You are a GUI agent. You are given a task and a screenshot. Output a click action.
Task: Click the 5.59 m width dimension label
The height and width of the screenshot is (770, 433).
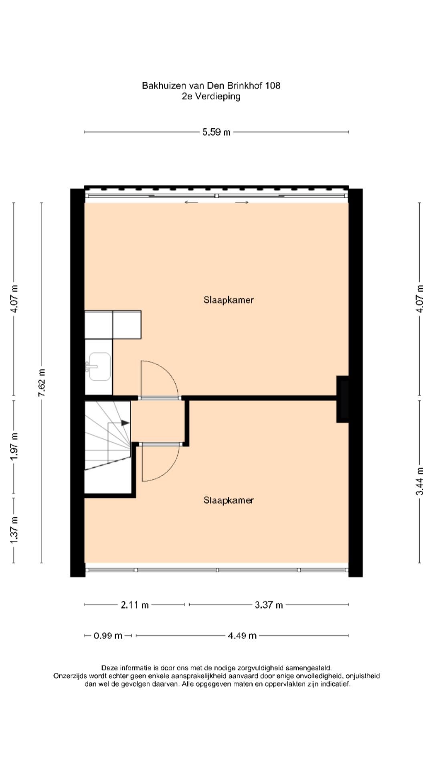click(x=216, y=132)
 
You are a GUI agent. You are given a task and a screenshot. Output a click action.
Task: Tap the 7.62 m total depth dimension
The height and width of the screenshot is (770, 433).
click(x=42, y=383)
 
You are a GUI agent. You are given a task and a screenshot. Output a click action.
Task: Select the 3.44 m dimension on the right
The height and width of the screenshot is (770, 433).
click(x=420, y=481)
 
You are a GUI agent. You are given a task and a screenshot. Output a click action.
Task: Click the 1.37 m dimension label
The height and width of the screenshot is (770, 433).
click(x=14, y=530)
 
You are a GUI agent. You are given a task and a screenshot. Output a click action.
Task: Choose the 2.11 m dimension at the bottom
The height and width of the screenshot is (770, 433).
click(x=135, y=604)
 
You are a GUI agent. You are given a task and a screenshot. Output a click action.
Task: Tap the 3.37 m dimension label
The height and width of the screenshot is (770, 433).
click(x=269, y=604)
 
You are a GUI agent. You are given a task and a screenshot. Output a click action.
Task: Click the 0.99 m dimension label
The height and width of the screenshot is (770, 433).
click(x=108, y=636)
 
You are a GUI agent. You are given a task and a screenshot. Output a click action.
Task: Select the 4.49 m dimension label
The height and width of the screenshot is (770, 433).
click(x=242, y=636)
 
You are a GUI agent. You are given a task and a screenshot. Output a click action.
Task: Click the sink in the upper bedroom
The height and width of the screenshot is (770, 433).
click(x=99, y=366)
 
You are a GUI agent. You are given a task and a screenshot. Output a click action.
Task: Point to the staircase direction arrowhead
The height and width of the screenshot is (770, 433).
click(x=125, y=423)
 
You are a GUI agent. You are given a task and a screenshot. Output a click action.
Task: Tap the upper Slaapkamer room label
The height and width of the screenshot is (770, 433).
click(x=229, y=300)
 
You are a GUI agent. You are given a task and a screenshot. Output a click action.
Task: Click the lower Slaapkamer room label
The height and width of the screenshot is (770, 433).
click(x=229, y=500)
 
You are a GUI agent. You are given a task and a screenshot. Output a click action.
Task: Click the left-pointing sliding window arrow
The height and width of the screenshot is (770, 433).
click(x=191, y=202)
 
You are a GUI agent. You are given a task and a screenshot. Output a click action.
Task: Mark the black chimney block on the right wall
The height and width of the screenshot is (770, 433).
click(x=342, y=399)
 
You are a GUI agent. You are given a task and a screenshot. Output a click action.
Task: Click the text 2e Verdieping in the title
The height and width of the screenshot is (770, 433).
click(x=211, y=96)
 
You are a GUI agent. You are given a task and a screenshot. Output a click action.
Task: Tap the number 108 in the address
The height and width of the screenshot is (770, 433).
click(x=273, y=85)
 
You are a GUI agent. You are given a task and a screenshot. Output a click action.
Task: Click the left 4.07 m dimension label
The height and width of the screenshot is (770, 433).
click(x=14, y=299)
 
